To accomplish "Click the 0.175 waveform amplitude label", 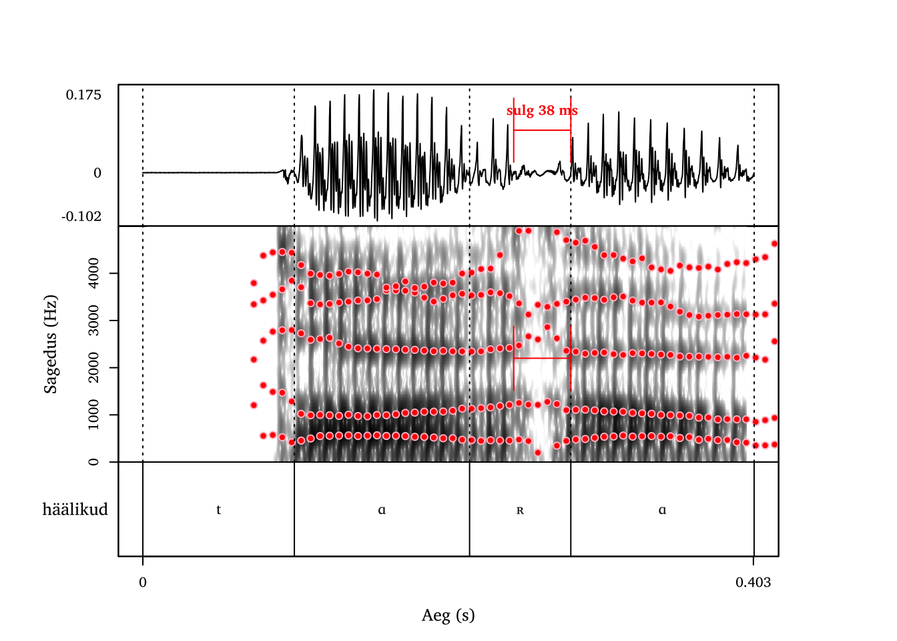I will (x=83, y=95).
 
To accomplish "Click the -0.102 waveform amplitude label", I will (x=81, y=216).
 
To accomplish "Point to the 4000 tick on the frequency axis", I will (x=93, y=273).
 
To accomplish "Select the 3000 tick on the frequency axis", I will (x=93, y=320).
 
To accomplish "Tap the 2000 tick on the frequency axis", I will (x=93, y=368).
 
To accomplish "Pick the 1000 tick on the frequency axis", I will (x=93, y=415).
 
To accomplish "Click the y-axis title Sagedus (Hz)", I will (x=51, y=344).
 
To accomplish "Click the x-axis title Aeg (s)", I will (x=448, y=615).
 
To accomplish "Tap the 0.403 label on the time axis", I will (x=753, y=582).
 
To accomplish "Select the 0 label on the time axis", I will (x=143, y=582).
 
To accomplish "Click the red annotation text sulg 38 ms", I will (x=542, y=110).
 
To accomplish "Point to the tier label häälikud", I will (x=75, y=509).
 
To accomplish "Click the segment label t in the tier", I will (x=218, y=510).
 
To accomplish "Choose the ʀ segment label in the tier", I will (x=520, y=511).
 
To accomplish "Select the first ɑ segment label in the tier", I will (x=382, y=511).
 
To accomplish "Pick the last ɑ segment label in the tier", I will (x=662, y=511).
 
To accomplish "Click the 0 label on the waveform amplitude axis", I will (x=97, y=173).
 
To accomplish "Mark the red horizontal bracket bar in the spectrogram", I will (x=542, y=359).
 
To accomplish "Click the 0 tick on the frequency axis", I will (x=93, y=462).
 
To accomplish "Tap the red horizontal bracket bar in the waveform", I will (x=542, y=130).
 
